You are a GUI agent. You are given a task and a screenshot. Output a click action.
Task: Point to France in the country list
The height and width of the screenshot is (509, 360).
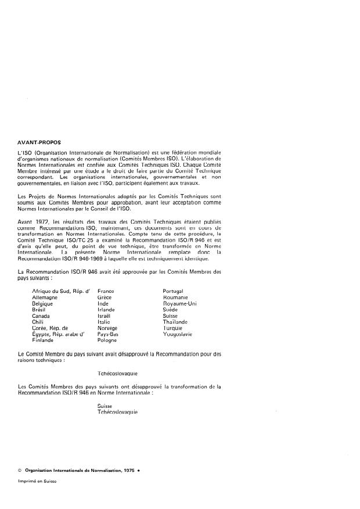106,291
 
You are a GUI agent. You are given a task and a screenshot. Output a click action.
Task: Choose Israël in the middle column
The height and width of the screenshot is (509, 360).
105,316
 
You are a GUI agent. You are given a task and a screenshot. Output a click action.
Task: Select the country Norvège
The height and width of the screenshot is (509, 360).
107,328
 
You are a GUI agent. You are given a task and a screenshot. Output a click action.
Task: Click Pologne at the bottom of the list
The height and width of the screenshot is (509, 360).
107,340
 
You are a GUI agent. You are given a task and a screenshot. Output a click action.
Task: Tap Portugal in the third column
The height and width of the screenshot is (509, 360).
174,291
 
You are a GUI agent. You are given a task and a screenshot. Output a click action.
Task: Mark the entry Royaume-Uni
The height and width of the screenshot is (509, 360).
181,303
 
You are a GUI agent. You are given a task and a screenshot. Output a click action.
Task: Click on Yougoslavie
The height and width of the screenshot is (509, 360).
179,335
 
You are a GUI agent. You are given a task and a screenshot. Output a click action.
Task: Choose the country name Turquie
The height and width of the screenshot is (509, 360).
174,328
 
